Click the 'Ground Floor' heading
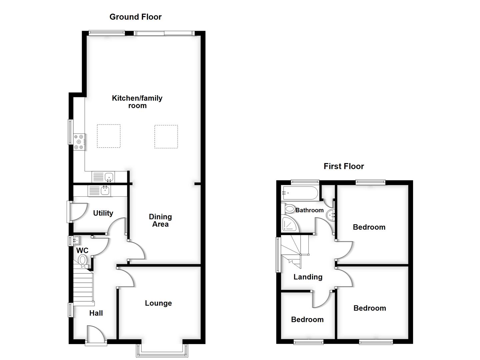[135, 17]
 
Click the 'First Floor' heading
[344, 166]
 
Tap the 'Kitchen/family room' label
[137, 102]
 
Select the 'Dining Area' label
[160, 220]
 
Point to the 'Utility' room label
[103, 213]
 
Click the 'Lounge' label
[158, 303]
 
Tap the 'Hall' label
[96, 313]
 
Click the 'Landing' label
[308, 277]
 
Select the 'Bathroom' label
[309, 210]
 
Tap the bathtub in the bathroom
[300, 193]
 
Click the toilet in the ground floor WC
[83, 260]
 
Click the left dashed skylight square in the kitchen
[109, 136]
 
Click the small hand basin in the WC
[75, 240]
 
